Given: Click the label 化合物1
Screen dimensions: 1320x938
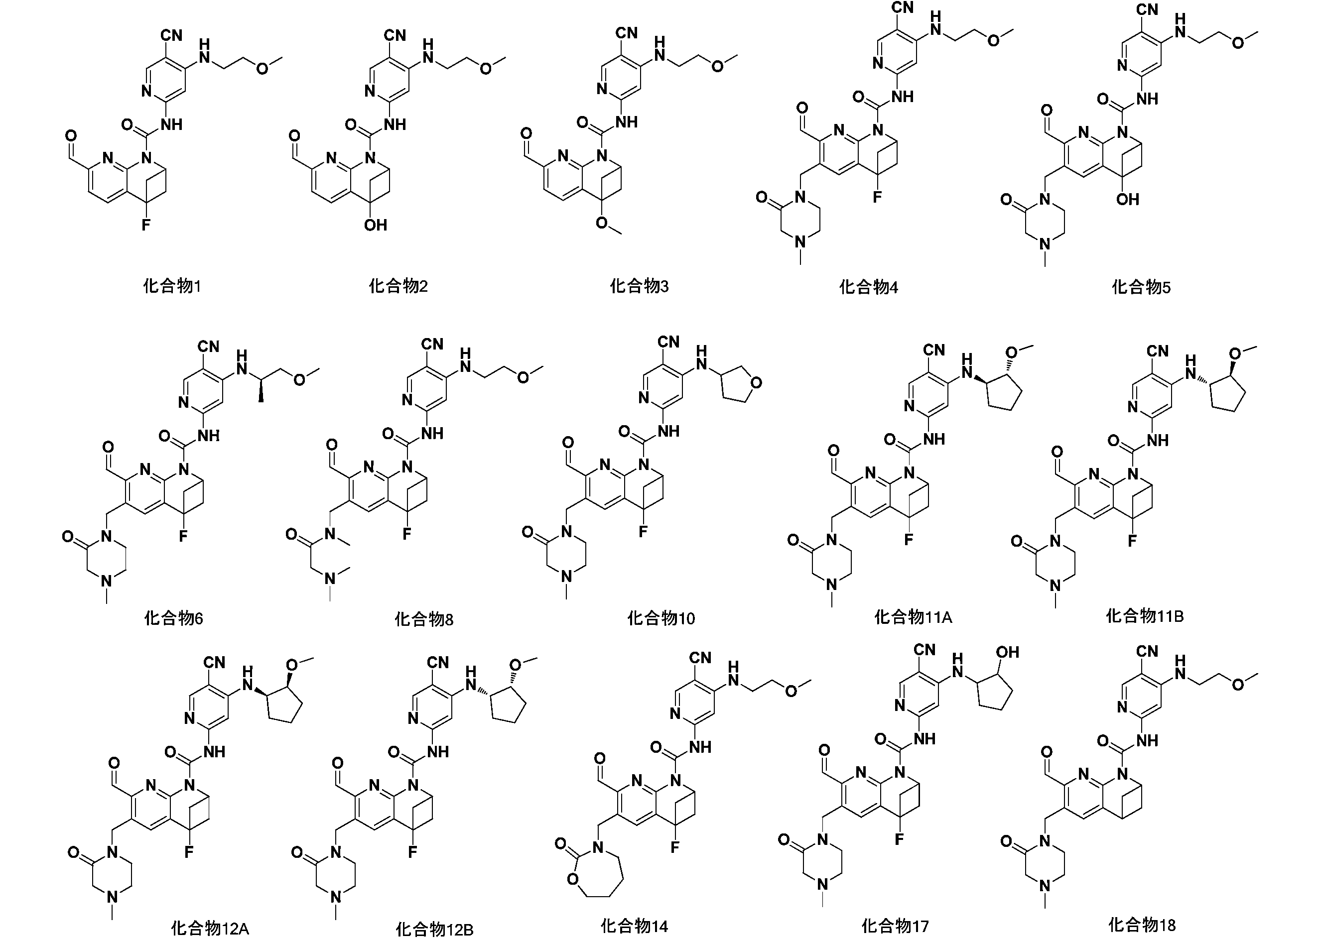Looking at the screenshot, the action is (x=172, y=286).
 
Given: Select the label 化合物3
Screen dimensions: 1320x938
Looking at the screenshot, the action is (x=639, y=286).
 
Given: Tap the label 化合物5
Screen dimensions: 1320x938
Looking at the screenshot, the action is (x=1141, y=287).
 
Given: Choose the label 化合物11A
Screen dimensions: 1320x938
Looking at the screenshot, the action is (x=913, y=617).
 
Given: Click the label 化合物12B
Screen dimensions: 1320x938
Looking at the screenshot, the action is (x=435, y=929).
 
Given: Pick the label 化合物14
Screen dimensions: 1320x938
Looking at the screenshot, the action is (x=634, y=926).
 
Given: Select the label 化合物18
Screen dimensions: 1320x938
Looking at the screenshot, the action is (x=1142, y=924).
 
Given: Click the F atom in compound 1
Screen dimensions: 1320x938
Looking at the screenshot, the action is (x=146, y=225).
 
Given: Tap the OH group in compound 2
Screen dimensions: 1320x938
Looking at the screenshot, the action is (x=376, y=225).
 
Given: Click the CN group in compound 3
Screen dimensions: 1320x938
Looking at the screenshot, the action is (x=627, y=33).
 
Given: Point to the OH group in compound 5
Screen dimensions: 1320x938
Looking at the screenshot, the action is (x=1128, y=200).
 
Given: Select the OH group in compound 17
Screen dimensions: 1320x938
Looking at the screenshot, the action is (x=1007, y=652).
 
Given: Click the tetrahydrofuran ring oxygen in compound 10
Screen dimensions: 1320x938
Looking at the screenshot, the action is (x=756, y=382).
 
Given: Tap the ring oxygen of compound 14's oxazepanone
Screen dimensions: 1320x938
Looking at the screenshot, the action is (x=573, y=879).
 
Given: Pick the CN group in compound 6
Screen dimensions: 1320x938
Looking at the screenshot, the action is (x=208, y=347).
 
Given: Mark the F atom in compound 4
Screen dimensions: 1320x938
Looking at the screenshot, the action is (x=877, y=198).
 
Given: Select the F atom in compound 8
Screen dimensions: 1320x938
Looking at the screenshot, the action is (x=407, y=534).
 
